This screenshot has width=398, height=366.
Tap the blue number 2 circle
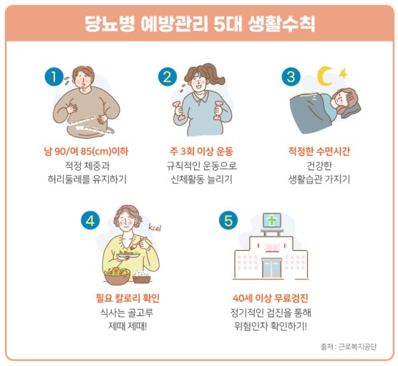166,76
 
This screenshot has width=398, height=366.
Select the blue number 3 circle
291,76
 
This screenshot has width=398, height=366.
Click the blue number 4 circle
90,220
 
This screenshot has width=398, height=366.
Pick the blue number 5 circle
228,220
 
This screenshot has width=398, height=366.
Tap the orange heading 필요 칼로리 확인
128,298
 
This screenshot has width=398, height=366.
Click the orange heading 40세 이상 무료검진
271,298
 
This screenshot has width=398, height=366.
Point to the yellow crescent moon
326,74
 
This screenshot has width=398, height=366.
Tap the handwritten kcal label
156,228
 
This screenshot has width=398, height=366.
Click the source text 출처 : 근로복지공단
354,347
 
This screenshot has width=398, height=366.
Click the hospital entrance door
271,268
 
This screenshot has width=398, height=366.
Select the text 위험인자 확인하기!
271,327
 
